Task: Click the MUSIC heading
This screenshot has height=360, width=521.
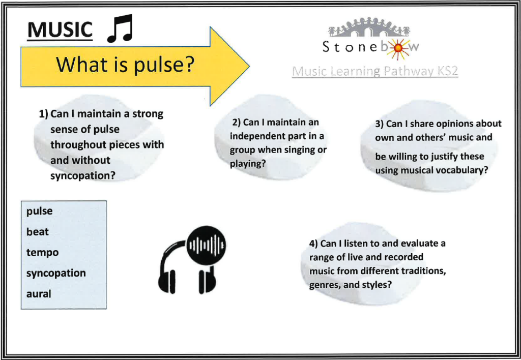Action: (x=60, y=30)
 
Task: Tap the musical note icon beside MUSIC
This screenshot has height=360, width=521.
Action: (x=120, y=28)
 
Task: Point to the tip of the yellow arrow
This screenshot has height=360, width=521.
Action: (x=249, y=66)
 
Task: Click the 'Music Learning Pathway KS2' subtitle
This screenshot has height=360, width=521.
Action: (x=375, y=71)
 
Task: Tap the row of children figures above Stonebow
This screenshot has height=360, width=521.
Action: (x=369, y=26)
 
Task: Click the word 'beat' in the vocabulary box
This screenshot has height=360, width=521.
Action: (x=38, y=231)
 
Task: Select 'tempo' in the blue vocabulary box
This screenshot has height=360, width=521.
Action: (x=43, y=253)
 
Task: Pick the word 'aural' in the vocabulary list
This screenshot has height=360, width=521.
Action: (x=39, y=294)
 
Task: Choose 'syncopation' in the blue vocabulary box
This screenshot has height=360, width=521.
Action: (x=56, y=274)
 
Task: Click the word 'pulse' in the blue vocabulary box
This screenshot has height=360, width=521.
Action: (x=40, y=211)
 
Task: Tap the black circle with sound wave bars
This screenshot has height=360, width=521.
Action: (x=206, y=246)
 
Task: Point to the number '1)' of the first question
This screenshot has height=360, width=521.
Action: (x=44, y=114)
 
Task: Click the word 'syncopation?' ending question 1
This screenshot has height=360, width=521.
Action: (x=83, y=176)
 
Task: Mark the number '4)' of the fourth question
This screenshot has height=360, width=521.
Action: (x=313, y=244)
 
